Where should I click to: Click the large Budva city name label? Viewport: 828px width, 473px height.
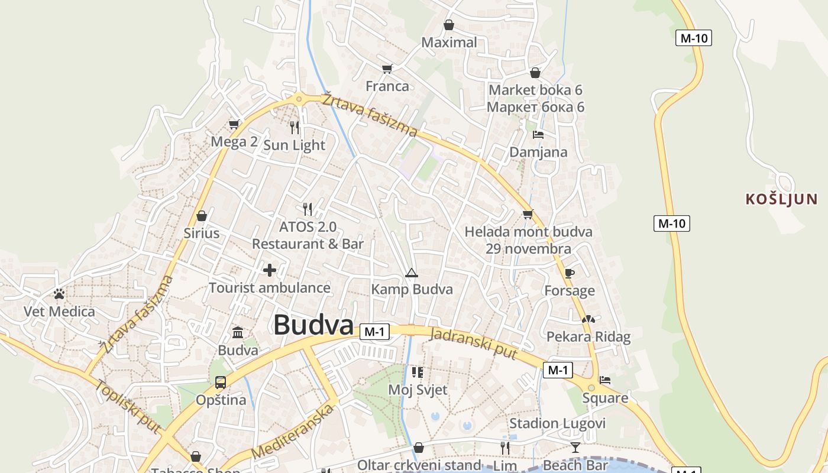click(x=313, y=325)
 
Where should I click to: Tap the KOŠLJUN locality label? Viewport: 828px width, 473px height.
click(x=781, y=199)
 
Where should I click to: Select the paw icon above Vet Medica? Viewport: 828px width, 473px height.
click(x=59, y=293)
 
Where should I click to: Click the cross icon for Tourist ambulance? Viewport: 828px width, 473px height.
click(x=270, y=270)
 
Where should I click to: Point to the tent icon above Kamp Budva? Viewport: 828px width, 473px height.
click(x=412, y=273)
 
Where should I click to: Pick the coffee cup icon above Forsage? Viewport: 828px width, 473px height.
click(x=569, y=273)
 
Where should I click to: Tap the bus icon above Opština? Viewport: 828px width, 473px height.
click(x=221, y=382)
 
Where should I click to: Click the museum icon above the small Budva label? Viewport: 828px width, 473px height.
click(x=238, y=332)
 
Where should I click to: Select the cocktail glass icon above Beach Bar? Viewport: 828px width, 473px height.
click(x=575, y=447)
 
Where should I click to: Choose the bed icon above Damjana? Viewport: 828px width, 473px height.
click(x=538, y=134)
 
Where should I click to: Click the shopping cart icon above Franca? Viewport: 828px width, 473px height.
click(x=387, y=69)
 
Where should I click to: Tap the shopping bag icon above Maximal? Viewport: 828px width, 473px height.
click(x=449, y=25)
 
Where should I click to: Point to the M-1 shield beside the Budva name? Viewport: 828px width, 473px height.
click(x=374, y=332)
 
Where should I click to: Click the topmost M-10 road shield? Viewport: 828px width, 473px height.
click(x=693, y=38)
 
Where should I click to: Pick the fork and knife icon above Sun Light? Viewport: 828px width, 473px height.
click(x=295, y=127)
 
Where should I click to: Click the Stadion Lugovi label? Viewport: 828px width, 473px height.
click(x=557, y=423)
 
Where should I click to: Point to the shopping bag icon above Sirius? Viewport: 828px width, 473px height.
click(x=202, y=215)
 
